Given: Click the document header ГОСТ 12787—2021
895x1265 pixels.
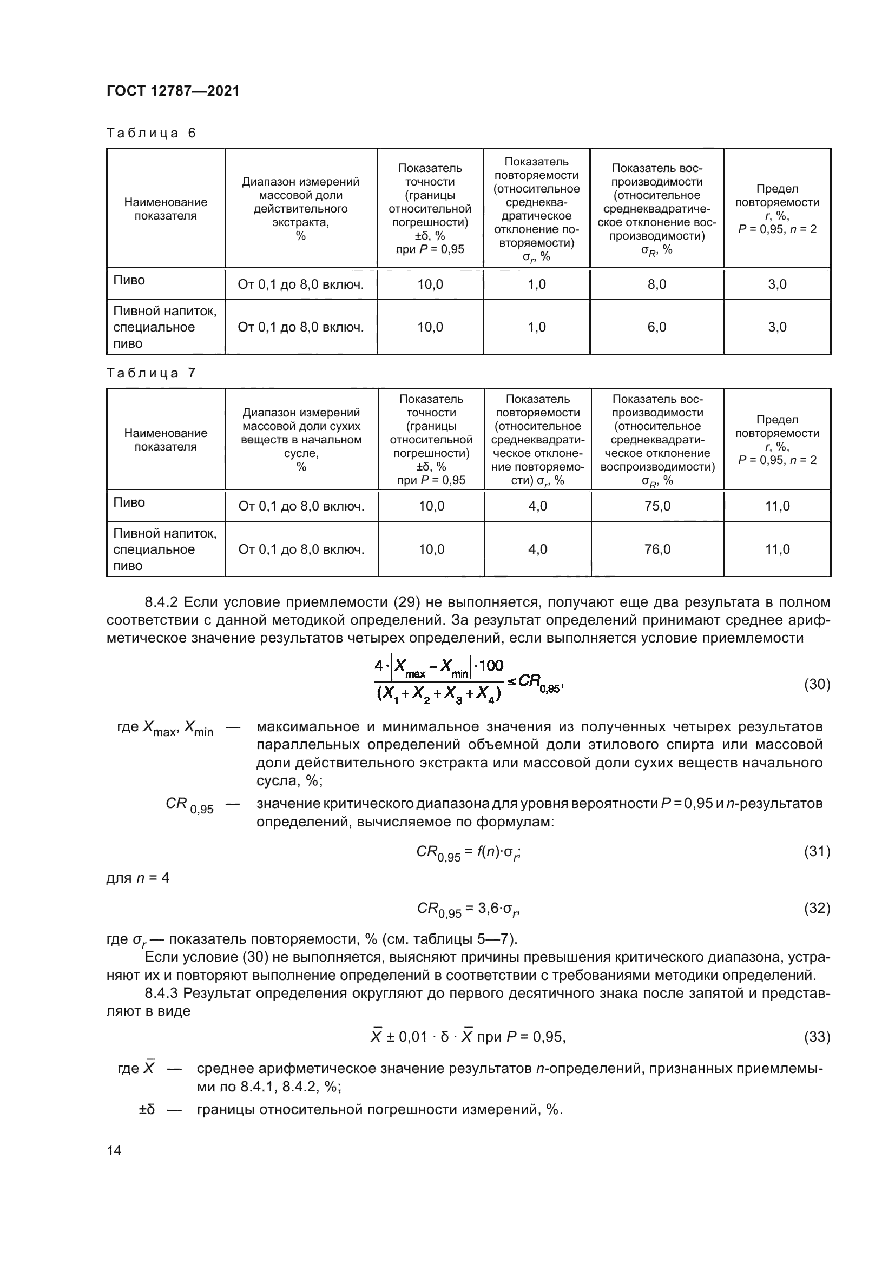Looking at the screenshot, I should click(x=173, y=91).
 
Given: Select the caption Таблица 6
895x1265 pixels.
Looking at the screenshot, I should click(x=151, y=134).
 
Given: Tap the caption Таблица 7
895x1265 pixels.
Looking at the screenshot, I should click(x=151, y=374).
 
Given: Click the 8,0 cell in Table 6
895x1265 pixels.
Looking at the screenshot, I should click(x=656, y=285).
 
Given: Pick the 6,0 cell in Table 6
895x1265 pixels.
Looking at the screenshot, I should click(x=656, y=327).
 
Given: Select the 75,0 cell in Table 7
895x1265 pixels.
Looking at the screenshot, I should click(x=657, y=506).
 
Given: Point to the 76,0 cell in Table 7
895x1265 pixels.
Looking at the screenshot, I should click(x=657, y=549).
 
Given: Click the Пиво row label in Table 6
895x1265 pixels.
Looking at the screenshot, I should click(x=129, y=281).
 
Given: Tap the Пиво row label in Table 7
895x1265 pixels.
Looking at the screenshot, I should click(x=129, y=502).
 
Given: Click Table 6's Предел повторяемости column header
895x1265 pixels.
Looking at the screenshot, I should click(x=777, y=209).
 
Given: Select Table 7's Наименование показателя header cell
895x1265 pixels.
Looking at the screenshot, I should click(x=166, y=440).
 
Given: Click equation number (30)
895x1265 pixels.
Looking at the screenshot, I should click(x=817, y=684).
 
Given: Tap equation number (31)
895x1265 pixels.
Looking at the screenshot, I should click(x=817, y=851).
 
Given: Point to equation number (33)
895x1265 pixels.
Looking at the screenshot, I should click(x=817, y=1037).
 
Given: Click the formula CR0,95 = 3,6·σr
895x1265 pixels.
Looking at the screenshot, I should click(x=468, y=909).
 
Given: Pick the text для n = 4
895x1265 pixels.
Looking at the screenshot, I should click(x=138, y=878).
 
